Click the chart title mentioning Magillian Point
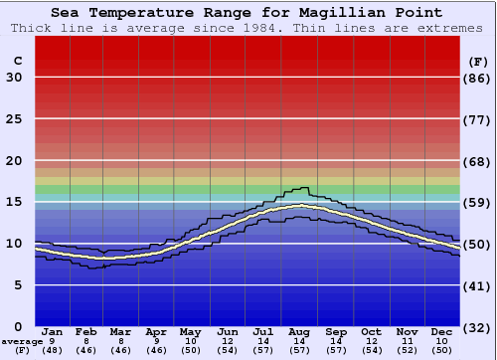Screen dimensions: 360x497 (248, 13)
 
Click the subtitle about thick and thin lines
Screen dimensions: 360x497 (248, 28)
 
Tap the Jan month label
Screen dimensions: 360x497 (54, 331)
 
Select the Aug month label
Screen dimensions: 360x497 (300, 331)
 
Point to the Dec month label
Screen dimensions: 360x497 (442, 331)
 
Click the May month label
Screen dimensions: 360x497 (191, 331)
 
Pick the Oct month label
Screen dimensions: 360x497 (371, 331)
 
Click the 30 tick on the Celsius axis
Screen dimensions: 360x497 (15, 78)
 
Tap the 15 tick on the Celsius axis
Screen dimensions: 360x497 (15, 202)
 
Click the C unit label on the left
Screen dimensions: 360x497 (17, 61)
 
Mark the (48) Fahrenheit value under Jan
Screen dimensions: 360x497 (54, 350)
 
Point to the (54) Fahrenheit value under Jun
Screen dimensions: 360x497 (229, 350)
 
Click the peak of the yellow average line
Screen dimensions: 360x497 (300, 206)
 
